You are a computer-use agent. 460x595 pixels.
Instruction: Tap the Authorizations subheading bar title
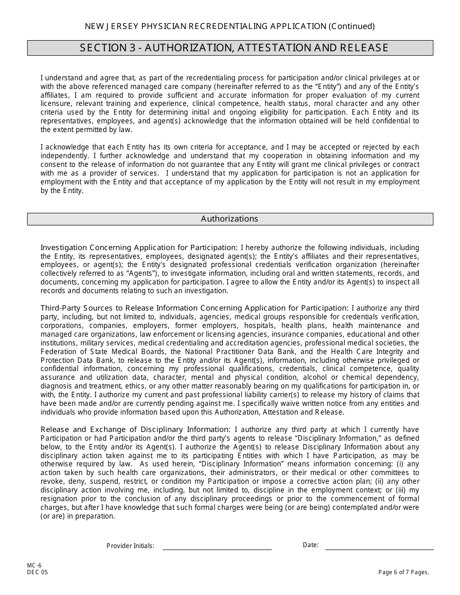(230, 219)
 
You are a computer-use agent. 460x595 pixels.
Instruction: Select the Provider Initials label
(130, 546)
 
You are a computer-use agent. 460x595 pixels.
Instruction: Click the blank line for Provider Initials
(217, 547)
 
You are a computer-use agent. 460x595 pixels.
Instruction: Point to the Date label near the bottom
(310, 545)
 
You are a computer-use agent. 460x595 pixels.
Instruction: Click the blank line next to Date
(379, 547)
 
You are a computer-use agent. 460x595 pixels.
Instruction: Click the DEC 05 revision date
(37, 572)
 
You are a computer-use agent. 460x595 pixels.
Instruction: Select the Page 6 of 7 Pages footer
(404, 572)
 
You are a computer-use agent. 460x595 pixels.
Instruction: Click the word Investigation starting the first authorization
(64, 247)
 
